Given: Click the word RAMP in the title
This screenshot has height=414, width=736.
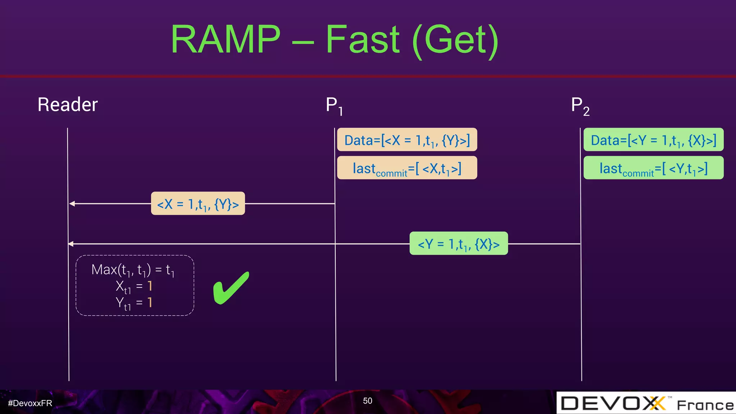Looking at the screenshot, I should [225, 39].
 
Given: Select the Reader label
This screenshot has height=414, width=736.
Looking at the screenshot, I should [68, 105].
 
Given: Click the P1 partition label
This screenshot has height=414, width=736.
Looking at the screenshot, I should [334, 106].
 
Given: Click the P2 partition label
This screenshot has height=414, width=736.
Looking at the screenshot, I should [580, 106].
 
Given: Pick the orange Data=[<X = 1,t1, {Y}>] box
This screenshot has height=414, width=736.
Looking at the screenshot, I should [407, 140].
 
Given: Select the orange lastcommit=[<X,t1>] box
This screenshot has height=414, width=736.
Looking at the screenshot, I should [407, 168].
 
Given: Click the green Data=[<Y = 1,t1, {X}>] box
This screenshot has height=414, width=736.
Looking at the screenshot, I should [653, 140].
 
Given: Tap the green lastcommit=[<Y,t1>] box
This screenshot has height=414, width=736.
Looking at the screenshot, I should [653, 168].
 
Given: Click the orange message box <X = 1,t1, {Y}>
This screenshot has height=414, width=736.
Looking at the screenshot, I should [198, 204].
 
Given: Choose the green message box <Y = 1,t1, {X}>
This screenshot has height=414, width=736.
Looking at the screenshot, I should [459, 244].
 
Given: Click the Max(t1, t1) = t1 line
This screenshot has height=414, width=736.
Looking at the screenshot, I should [133, 270].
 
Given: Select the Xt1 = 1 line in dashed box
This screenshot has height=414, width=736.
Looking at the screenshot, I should [134, 286].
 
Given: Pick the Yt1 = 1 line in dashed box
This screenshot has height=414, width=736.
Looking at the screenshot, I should [134, 303].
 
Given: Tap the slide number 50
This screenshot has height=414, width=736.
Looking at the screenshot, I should [367, 401].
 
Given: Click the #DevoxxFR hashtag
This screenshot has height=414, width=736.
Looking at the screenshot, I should [30, 403].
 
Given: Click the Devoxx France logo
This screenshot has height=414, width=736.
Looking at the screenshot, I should [646, 403].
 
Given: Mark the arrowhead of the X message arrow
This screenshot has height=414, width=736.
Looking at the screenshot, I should [72, 204].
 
